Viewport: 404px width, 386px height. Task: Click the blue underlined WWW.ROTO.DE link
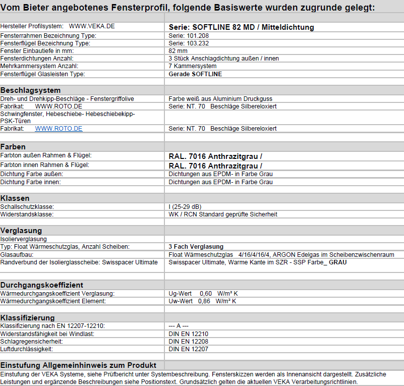tap(59, 129)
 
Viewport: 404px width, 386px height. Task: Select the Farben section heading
tap(13, 146)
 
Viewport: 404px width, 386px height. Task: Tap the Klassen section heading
tap(15, 198)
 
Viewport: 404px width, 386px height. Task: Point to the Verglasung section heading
tap(21, 230)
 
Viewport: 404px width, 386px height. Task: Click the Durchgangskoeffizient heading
tap(41, 285)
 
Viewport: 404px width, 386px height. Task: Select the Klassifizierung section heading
tap(27, 317)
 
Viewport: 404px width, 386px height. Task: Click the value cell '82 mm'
tap(178, 51)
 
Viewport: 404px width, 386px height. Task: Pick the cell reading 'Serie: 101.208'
tap(188, 36)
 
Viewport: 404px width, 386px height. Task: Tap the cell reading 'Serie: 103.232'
tap(188, 43)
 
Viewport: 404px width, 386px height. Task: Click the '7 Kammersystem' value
tap(193, 66)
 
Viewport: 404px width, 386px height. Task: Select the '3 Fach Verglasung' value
tap(196, 246)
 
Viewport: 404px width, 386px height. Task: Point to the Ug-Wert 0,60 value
tap(203, 293)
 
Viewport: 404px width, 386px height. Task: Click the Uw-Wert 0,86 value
tap(202, 301)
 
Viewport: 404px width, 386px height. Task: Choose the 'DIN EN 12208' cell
tap(188, 342)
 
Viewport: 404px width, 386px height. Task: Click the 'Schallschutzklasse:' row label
tap(27, 207)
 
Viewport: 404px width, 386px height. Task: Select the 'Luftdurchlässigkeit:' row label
tap(26, 349)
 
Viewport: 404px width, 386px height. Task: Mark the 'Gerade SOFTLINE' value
tap(195, 74)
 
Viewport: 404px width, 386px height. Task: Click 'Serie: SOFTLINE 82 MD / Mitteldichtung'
tap(241, 27)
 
